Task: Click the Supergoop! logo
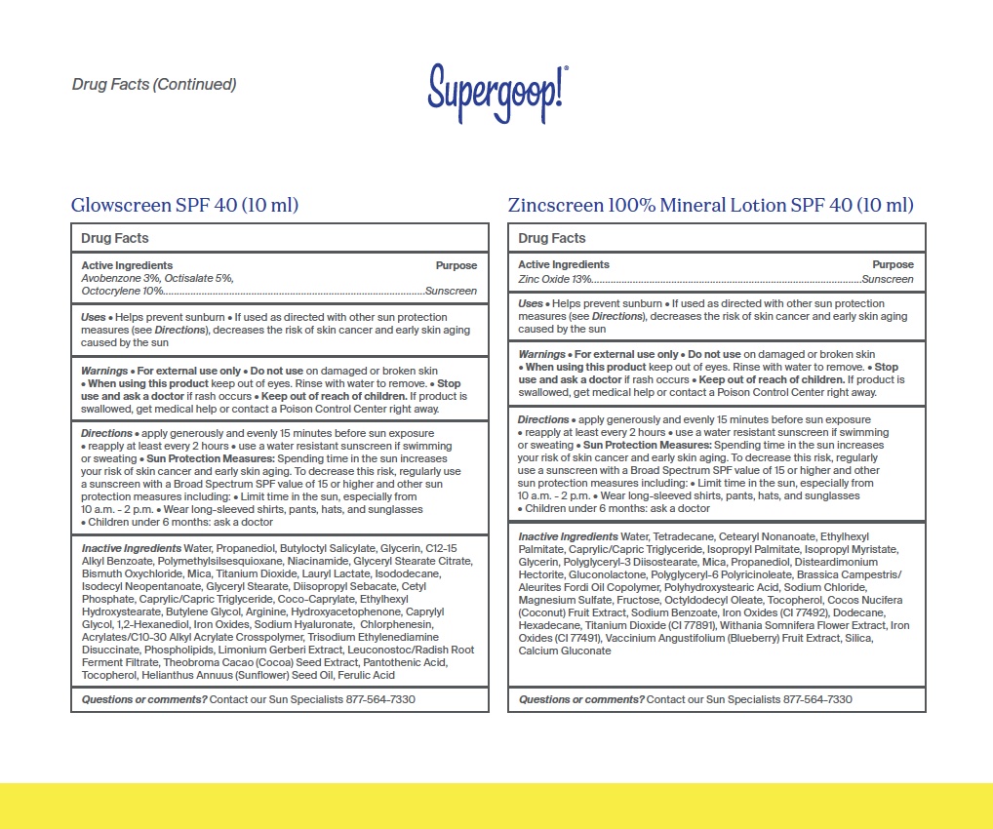[497, 93]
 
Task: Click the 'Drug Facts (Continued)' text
[154, 85]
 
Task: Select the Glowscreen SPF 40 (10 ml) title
[184, 206]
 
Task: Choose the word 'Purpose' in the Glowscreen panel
[456, 265]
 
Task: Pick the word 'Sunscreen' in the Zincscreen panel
[887, 279]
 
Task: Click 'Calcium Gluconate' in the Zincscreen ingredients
[565, 651]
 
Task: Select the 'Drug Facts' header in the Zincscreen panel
[551, 238]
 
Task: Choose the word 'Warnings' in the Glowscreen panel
[104, 372]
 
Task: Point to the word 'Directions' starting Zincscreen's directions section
[543, 419]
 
